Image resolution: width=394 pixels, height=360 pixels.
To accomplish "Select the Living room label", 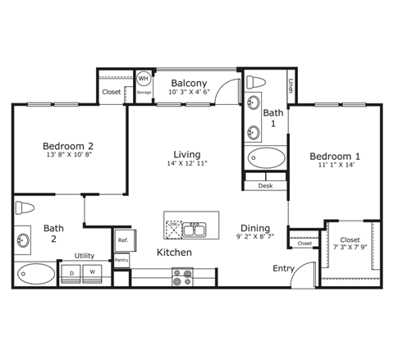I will click(x=187, y=153).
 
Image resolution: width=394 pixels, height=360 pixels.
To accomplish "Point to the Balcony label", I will click(x=189, y=84).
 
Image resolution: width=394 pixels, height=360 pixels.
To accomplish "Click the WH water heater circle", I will click(x=144, y=79).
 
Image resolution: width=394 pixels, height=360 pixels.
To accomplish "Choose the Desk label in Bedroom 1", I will click(x=264, y=186).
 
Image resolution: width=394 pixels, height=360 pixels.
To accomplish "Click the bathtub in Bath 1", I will click(x=265, y=158).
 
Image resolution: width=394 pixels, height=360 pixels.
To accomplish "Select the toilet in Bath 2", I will click(x=24, y=207).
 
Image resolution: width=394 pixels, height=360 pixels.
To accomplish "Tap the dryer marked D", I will click(x=72, y=271).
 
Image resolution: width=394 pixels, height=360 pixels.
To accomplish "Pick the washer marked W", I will click(x=93, y=271).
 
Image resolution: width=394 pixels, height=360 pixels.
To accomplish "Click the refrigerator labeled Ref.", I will click(x=122, y=239).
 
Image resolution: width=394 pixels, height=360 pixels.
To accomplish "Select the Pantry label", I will click(x=121, y=260).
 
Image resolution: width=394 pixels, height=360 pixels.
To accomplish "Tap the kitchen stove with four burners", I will click(x=181, y=278).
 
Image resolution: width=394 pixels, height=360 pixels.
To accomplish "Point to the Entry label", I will click(x=284, y=268).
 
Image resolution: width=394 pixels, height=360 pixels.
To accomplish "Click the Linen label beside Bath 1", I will click(x=292, y=84).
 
